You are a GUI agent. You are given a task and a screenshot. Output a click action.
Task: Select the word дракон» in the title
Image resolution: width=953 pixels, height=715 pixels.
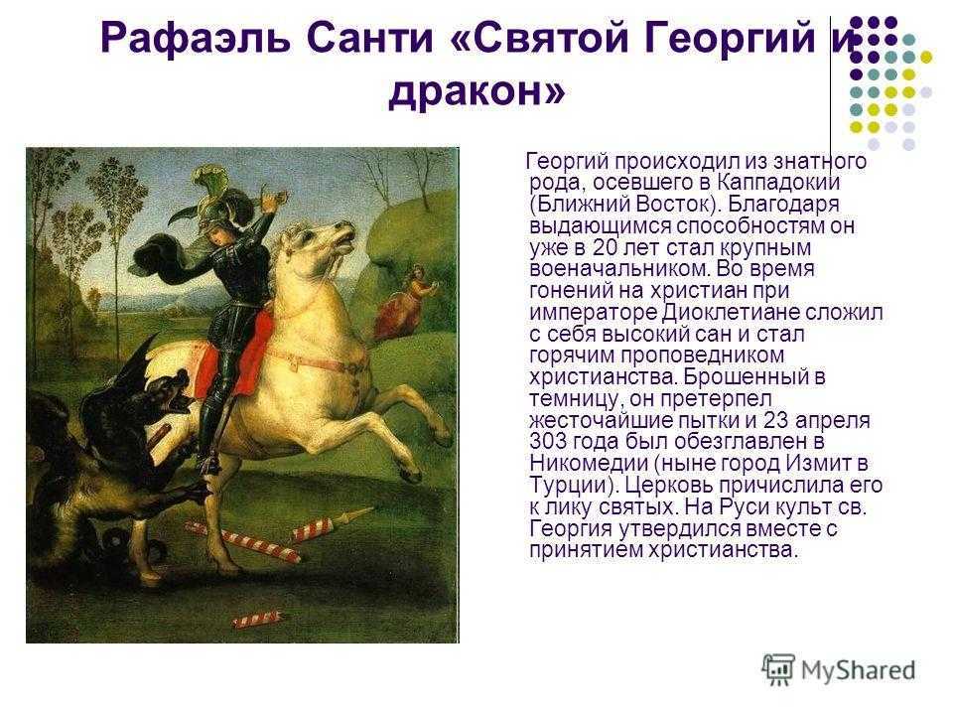click(476, 91)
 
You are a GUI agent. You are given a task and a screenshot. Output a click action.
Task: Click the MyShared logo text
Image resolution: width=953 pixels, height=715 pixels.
click(858, 670)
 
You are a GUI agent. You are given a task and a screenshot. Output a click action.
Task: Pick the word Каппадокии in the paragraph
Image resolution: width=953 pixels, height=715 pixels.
click(778, 182)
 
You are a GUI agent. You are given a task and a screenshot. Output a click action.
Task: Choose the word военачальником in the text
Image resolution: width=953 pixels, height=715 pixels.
click(619, 268)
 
